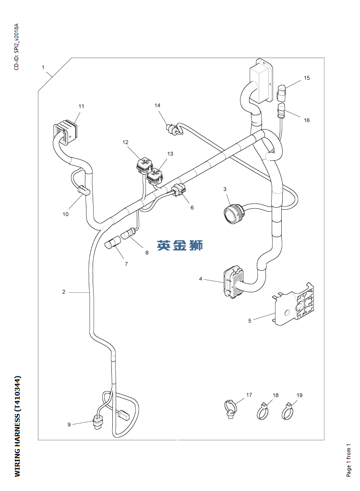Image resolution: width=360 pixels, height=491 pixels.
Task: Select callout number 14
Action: click(157, 105)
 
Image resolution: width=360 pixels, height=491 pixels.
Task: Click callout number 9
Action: click(69, 424)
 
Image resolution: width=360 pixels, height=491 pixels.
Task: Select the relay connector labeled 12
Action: click(143, 165)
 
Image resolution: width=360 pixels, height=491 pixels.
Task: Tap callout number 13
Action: click(170, 154)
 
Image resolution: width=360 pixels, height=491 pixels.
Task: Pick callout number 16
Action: click(307, 120)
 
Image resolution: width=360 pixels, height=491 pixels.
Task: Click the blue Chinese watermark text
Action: click(180, 245)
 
